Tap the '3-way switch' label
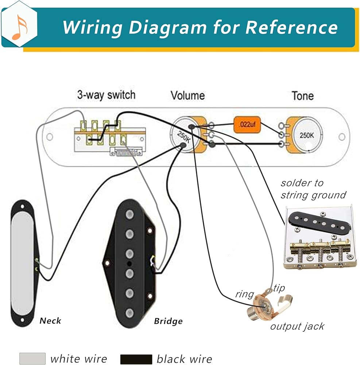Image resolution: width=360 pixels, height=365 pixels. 106,95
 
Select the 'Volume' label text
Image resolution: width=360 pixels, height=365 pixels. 187,96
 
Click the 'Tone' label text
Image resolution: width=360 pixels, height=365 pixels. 302,96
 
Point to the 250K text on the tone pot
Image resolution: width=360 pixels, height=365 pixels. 306,135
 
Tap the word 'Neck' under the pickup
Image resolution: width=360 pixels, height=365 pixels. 50,321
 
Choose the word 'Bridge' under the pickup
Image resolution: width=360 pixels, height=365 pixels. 168,321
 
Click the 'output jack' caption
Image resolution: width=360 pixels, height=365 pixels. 297,326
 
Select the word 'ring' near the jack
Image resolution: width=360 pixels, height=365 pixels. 244,294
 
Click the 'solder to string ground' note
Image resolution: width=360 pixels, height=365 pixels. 313,189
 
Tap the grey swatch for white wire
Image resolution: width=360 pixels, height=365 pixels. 32,358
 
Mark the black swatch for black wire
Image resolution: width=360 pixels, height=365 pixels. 136,359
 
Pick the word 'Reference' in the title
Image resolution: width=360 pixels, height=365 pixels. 291,27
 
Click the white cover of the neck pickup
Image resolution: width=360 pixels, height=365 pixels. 23,263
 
